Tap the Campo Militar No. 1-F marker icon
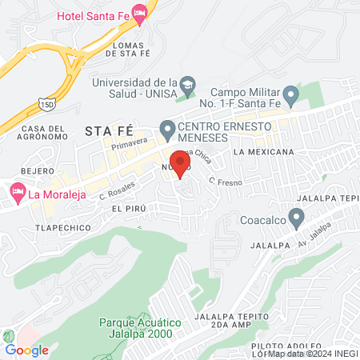click(x=291, y=97)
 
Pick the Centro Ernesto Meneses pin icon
click(x=167, y=128)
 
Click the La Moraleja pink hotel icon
click(x=17, y=193)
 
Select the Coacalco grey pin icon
click(x=296, y=216)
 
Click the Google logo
click(x=26, y=350)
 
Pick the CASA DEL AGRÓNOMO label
click(x=43, y=134)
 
